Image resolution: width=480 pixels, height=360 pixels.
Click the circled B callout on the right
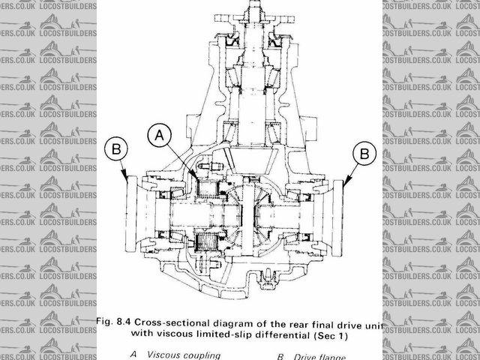(x=364, y=153)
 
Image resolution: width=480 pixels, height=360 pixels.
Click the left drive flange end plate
(x=132, y=202)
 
